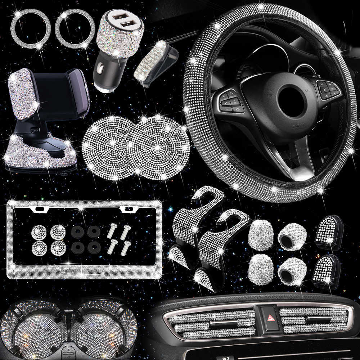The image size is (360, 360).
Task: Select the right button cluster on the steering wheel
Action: tap(328, 88)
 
